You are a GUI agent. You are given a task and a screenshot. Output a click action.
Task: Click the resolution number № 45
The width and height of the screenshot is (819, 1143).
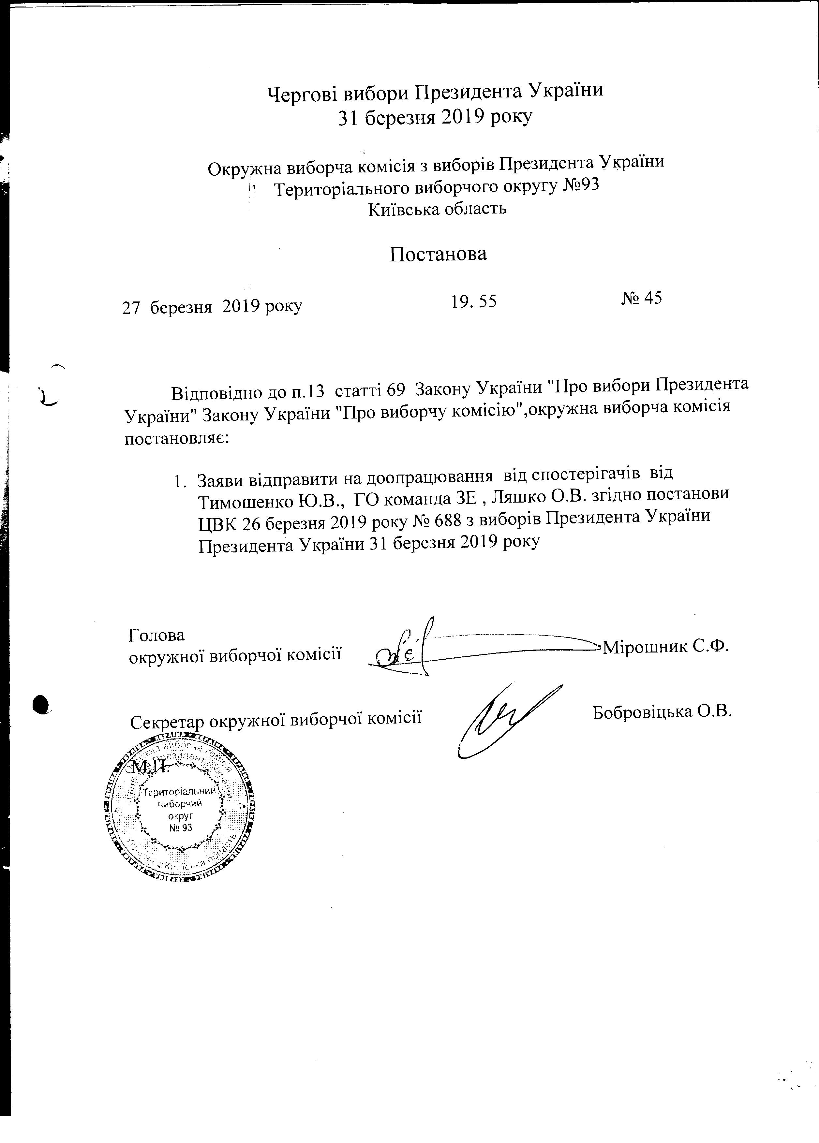tap(641, 298)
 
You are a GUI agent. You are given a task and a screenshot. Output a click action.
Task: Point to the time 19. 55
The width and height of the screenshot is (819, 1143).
tap(474, 301)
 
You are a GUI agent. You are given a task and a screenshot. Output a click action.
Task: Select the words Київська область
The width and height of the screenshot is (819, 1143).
tap(438, 209)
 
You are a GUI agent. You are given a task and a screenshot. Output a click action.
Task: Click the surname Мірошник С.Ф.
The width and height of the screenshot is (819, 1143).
tap(666, 646)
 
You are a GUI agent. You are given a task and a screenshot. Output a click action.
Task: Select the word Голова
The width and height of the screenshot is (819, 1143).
tap(157, 635)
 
